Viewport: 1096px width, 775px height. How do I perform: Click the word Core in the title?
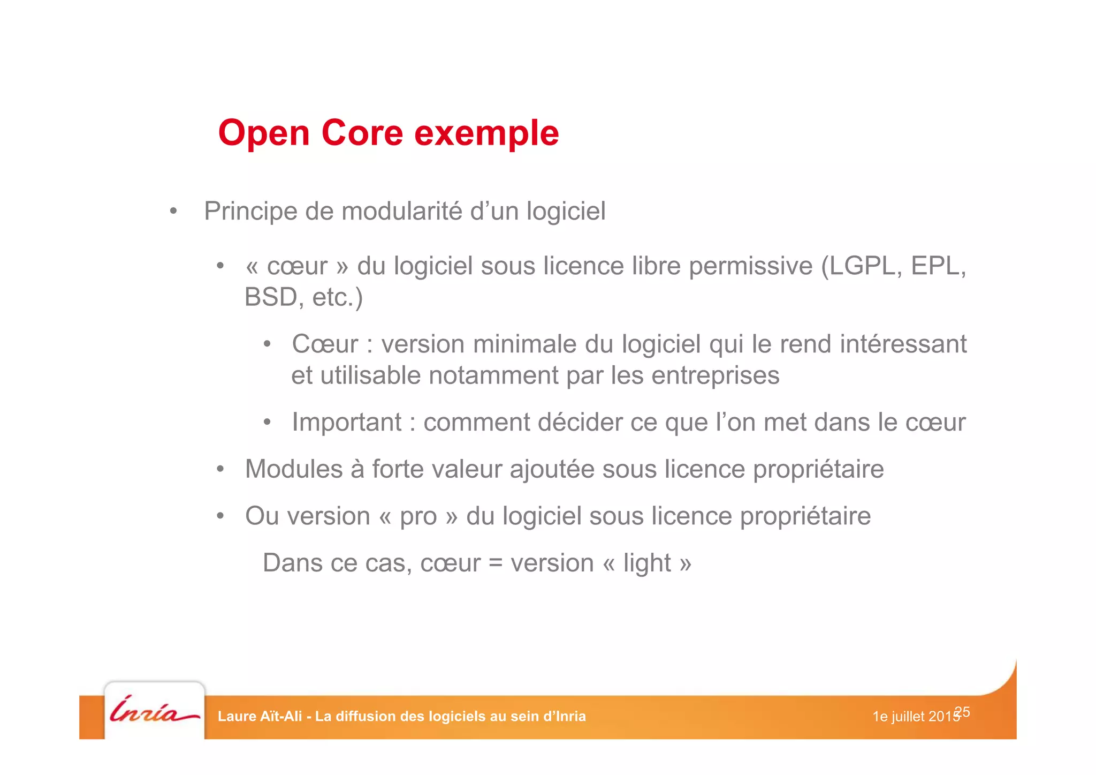coord(362,133)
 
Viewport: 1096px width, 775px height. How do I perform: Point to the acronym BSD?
coord(270,298)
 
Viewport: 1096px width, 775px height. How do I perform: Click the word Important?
coord(346,423)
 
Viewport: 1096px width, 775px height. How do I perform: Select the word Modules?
coord(293,469)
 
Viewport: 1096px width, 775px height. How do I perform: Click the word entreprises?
coord(715,375)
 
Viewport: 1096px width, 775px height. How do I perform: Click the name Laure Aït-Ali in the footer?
coord(260,717)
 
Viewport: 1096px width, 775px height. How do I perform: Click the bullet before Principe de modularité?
coord(173,212)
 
